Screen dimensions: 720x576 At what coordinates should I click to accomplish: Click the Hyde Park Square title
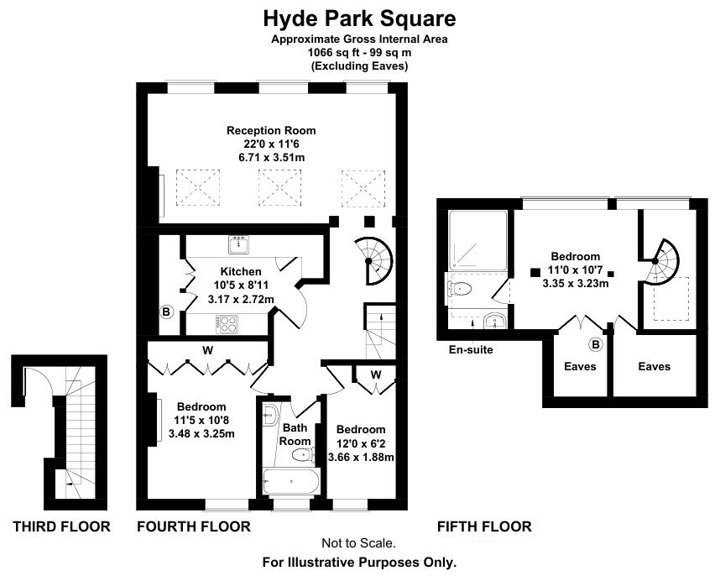[x=359, y=18]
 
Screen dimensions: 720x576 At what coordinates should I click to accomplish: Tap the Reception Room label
[x=271, y=130]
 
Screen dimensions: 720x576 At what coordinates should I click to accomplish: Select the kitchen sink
[x=238, y=244]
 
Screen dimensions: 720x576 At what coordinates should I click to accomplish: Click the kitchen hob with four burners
[x=227, y=324]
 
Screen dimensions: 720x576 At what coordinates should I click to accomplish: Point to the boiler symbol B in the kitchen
[x=166, y=312]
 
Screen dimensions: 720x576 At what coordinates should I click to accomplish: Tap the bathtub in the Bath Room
[x=291, y=481]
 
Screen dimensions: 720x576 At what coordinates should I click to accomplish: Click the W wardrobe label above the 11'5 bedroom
[x=207, y=350]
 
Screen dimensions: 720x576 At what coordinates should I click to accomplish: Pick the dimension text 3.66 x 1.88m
[x=361, y=458]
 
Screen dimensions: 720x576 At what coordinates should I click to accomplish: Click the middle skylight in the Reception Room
[x=279, y=188]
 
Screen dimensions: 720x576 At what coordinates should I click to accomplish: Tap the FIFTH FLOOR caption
[x=484, y=526]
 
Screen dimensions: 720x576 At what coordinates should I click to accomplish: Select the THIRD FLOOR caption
[x=61, y=526]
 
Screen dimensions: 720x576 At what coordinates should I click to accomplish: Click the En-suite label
[x=471, y=350]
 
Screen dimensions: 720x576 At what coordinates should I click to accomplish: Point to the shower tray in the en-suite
[x=478, y=241]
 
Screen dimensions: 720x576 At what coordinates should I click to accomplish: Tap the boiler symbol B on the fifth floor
[x=596, y=344]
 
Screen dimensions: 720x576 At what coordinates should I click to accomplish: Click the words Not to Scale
[x=358, y=543]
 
